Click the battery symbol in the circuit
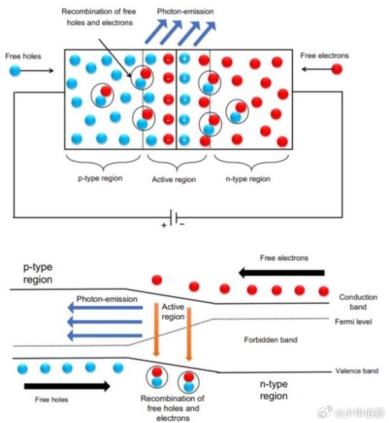(x=173, y=217)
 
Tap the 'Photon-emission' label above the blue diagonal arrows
(x=185, y=11)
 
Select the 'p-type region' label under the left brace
(x=100, y=179)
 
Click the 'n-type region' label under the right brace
(x=248, y=179)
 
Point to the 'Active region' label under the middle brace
(x=174, y=179)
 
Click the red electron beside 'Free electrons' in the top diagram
(x=336, y=69)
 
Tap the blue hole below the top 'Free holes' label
(x=15, y=70)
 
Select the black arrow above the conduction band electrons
(x=282, y=273)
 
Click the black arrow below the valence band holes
(x=67, y=386)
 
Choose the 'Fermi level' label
(x=353, y=322)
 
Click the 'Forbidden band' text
(x=270, y=340)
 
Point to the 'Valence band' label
(x=357, y=371)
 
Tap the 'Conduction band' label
(x=358, y=302)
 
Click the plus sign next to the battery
(x=164, y=225)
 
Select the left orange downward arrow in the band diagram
(x=156, y=330)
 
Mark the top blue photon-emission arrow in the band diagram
(x=105, y=308)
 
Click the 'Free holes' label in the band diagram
(x=51, y=400)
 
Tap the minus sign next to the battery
(x=182, y=225)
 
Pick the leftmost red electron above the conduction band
(x=157, y=280)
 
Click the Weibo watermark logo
(x=325, y=412)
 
